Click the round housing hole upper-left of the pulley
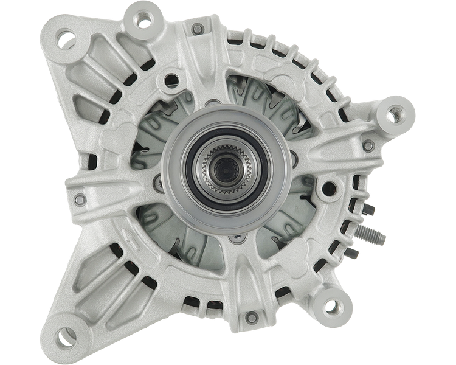coord(172,79)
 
